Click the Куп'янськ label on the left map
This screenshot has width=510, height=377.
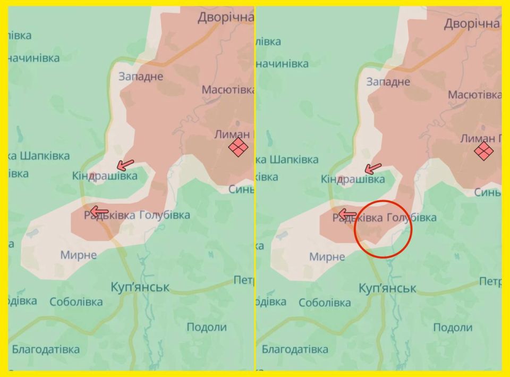[140, 287]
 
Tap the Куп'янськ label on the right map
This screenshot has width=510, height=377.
[387, 288]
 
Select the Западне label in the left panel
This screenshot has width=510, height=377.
[140, 76]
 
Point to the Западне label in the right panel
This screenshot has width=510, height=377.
[388, 82]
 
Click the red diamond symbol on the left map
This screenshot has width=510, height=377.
[239, 147]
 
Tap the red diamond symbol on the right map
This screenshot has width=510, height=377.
[484, 151]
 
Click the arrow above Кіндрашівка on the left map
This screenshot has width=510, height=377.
[125, 164]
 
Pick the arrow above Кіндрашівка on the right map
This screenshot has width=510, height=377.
[373, 169]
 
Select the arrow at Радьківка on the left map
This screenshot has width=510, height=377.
[99, 212]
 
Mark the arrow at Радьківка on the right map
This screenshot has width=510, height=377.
[347, 214]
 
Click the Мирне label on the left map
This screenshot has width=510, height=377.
[79, 255]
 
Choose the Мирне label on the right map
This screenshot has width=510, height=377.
[327, 257]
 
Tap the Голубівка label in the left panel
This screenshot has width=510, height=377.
[164, 215]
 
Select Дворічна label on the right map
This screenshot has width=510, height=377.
[472, 23]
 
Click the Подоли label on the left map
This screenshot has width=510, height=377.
[206, 327]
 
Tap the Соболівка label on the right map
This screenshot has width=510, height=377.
[325, 303]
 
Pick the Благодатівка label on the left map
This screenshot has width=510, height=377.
[46, 349]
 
